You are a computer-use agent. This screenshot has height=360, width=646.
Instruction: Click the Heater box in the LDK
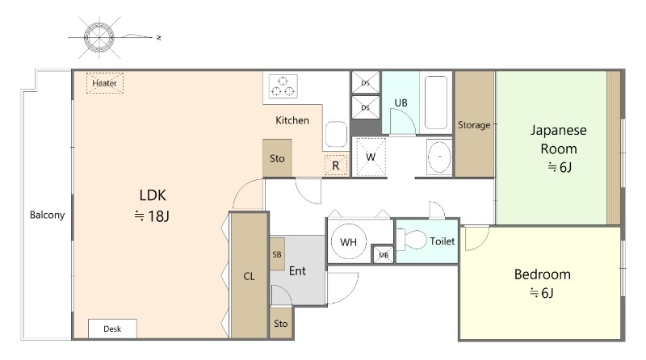(x=105, y=83)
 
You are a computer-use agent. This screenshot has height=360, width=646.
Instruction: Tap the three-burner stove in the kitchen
(x=283, y=86)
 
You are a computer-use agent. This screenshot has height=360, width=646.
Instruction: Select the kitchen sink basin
(x=336, y=134)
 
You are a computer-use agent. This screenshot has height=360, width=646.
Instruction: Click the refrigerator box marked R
(x=336, y=165)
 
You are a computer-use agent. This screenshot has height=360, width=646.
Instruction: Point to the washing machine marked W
(x=371, y=157)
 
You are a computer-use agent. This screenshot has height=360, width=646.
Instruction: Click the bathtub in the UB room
(x=436, y=103)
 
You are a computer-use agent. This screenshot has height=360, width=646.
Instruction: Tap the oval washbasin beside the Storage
(x=439, y=157)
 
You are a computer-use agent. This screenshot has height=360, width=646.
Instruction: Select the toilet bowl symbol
(x=412, y=240)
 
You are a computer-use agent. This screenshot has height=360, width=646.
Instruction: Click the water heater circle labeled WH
(x=349, y=242)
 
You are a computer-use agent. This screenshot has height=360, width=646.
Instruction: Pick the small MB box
(x=384, y=255)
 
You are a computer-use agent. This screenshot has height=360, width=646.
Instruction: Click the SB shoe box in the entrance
(x=277, y=254)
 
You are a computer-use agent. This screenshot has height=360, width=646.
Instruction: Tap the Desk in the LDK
(x=112, y=329)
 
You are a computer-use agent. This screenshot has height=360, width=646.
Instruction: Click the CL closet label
(x=249, y=276)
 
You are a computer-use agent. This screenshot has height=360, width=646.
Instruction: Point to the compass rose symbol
(x=99, y=37)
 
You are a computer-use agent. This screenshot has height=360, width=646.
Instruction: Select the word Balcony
(x=48, y=215)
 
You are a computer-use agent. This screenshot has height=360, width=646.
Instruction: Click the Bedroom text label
(x=543, y=274)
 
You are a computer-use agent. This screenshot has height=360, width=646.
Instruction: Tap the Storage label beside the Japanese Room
(x=474, y=125)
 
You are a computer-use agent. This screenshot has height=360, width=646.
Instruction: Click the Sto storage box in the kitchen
(x=277, y=158)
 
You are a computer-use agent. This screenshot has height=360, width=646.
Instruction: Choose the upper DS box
(x=366, y=82)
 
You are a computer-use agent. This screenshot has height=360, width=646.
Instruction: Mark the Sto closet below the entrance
(x=281, y=324)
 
